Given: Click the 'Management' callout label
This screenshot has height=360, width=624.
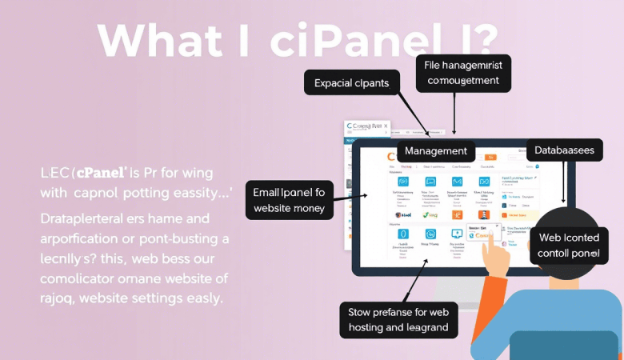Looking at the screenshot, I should [436, 151].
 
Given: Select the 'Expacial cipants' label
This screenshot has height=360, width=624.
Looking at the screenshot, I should [352, 82].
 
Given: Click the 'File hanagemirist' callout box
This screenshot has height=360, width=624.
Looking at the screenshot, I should [463, 71].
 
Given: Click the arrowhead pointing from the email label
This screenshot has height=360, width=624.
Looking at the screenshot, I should [365, 194].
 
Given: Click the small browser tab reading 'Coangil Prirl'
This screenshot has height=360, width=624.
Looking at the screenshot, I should [366, 127].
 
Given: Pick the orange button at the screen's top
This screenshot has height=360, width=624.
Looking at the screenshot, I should [490, 157].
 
